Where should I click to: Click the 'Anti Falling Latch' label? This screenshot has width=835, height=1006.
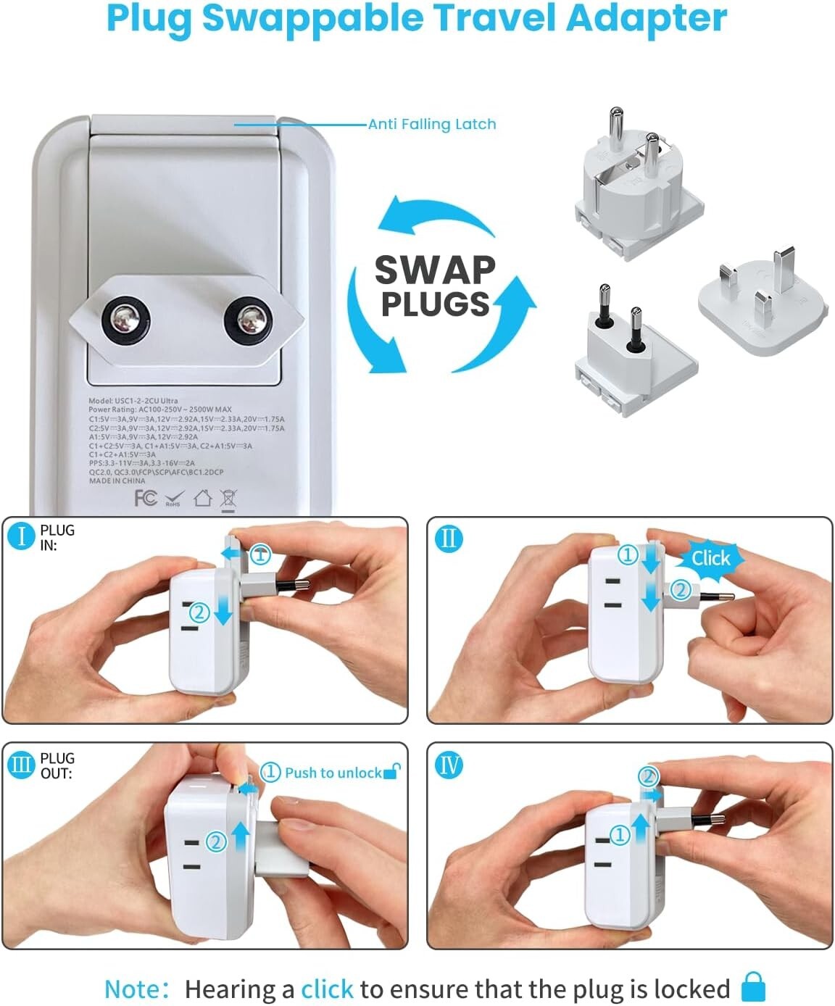coord(432,124)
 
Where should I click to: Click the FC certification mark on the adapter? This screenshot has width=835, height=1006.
coord(146,498)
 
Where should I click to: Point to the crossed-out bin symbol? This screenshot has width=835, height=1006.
coord(228,499)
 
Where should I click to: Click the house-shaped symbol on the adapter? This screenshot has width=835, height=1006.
coord(202,498)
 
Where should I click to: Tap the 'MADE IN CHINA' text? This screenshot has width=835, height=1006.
coord(117,481)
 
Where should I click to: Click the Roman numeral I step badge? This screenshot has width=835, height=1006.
coord(22,536)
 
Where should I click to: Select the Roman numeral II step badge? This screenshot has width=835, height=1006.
coord(449,539)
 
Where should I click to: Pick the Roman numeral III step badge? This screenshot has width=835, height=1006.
coord(22,765)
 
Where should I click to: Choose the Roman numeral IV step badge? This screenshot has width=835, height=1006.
coord(449,765)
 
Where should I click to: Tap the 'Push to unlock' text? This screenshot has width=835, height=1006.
coord(333,773)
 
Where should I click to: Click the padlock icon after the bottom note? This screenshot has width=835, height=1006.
coord(753,988)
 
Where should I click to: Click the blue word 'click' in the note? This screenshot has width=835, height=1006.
coord(327,989)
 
